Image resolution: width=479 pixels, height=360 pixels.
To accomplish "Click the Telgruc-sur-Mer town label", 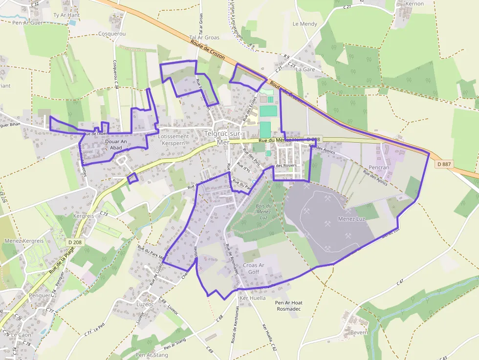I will [223, 138].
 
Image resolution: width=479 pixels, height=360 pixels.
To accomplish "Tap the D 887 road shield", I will [443, 164].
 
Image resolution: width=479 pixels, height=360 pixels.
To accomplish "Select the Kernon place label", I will [415, 3].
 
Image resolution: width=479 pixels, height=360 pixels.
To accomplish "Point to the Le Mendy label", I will [305, 24].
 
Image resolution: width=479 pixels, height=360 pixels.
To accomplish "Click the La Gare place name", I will [305, 69].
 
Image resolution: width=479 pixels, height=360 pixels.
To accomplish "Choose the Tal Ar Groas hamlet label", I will [204, 37].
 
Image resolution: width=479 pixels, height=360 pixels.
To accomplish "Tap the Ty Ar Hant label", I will [66, 15].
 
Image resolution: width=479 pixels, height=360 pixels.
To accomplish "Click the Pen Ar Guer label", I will [28, 22].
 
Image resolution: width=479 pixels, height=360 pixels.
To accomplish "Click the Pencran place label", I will [379, 167].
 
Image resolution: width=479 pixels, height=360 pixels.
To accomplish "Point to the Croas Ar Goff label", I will [254, 269].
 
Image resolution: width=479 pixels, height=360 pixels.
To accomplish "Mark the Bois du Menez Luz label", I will [263, 212].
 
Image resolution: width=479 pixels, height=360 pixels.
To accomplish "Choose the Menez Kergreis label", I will [23, 241].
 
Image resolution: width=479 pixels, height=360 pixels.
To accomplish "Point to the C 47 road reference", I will [400, 282].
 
